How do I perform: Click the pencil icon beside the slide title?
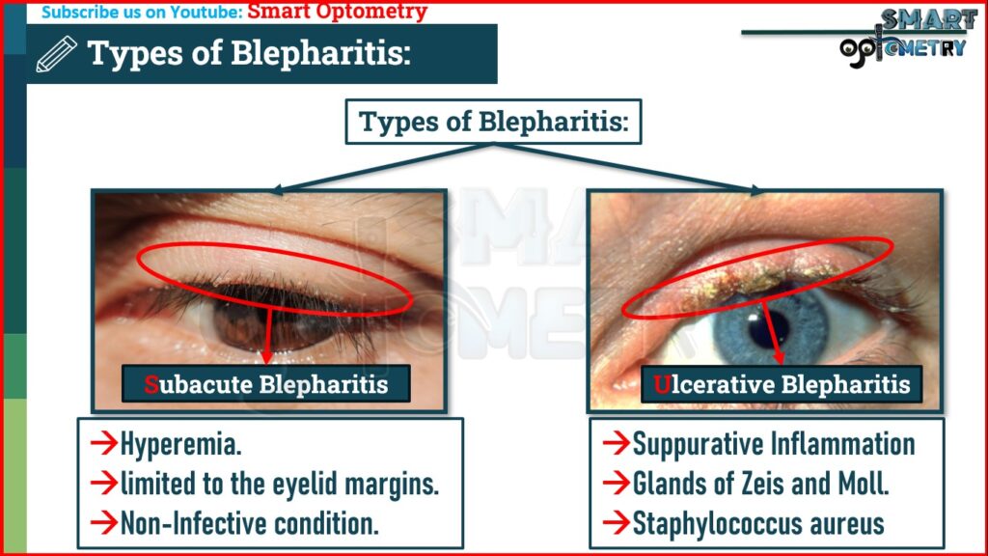point(55,54)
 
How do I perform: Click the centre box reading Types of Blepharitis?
point(494,123)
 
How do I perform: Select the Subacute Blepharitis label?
point(265,384)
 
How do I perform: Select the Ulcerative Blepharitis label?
point(781,384)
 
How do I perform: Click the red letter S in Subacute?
point(151,384)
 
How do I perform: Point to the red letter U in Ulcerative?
point(661,384)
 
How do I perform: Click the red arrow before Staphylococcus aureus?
point(616,523)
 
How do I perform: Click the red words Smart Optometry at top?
point(337,13)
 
